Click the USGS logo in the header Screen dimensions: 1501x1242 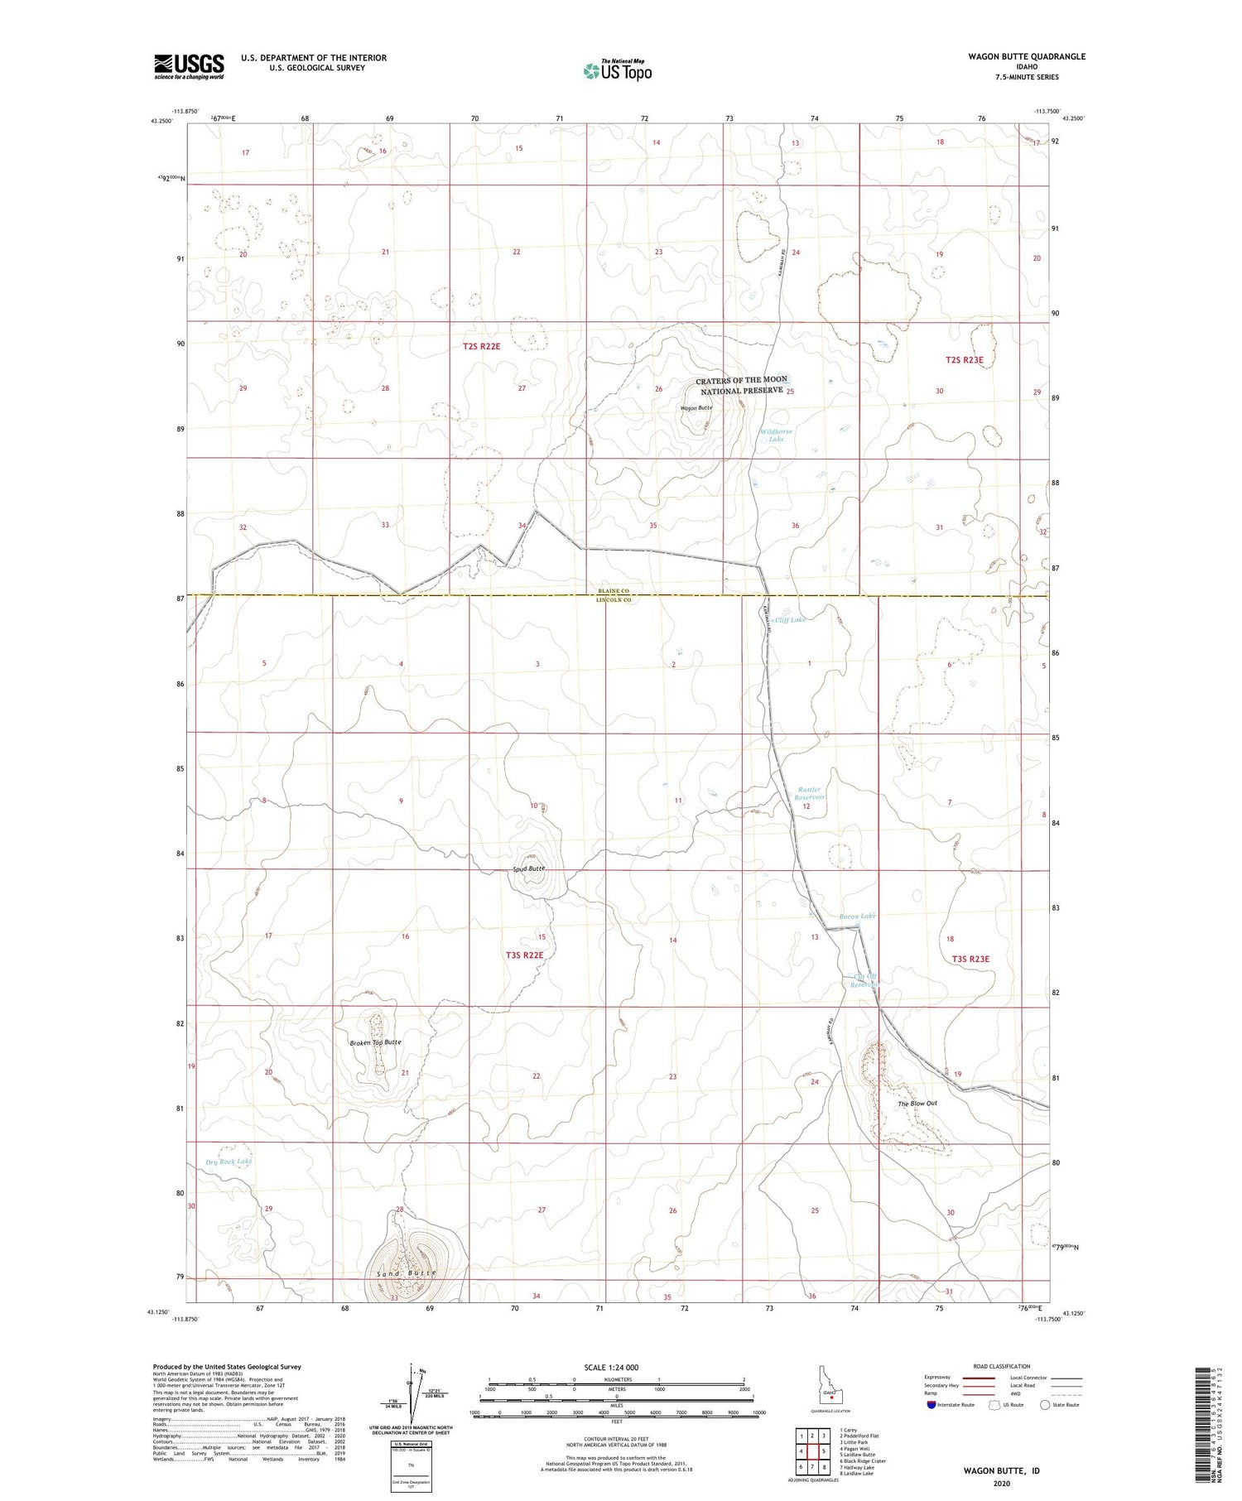pyautogui.click(x=189, y=66)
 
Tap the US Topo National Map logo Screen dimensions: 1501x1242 pyautogui.click(x=617, y=71)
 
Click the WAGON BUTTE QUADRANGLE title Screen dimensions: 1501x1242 pyautogui.click(x=1026, y=56)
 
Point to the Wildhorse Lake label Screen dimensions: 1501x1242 pyautogui.click(x=776, y=435)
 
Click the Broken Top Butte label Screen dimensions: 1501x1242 pyautogui.click(x=375, y=1042)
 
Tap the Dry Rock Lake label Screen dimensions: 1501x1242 pyautogui.click(x=229, y=1162)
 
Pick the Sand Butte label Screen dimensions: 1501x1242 pyautogui.click(x=406, y=1272)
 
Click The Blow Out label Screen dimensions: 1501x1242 pyautogui.click(x=917, y=1104)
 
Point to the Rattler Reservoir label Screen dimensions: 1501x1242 pyautogui.click(x=810, y=794)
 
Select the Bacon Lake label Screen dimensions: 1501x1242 pyautogui.click(x=857, y=916)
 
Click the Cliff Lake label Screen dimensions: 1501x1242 pyautogui.click(x=791, y=620)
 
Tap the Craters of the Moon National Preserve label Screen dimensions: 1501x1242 pyautogui.click(x=742, y=385)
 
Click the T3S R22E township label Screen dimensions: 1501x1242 pyautogui.click(x=525, y=955)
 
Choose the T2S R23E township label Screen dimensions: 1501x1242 pyautogui.click(x=964, y=360)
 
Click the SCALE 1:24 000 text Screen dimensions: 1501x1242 pyautogui.click(x=611, y=1368)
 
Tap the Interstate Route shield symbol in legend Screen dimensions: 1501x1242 pyautogui.click(x=931, y=1405)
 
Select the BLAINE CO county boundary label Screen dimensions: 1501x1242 pyautogui.click(x=614, y=591)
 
